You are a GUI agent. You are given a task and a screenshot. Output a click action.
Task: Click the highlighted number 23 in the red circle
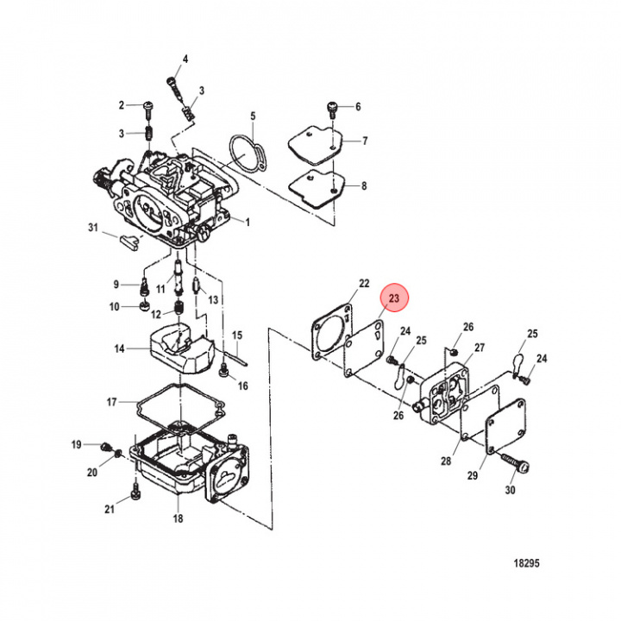396,298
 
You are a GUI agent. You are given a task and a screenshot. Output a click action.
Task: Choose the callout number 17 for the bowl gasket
111,402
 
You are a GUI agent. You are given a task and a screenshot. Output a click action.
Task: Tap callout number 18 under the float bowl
178,518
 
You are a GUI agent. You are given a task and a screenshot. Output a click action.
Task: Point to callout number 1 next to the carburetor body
247,222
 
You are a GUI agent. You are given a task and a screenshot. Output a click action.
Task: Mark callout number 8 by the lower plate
364,185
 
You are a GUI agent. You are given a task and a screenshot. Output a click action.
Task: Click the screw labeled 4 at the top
172,85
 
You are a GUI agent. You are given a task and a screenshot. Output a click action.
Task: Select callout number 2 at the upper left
122,105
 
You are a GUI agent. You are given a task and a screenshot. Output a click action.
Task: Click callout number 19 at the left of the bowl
76,445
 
